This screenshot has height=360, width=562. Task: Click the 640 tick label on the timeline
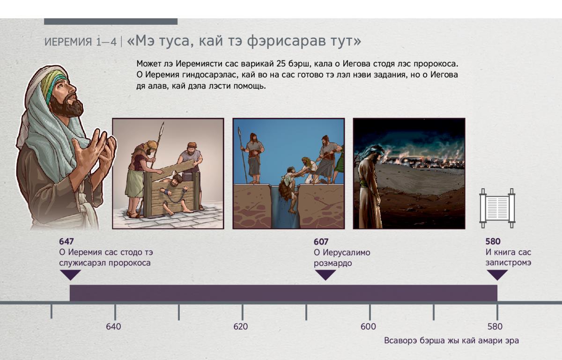(x=113, y=327)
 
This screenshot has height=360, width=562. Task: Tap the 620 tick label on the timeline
(x=241, y=327)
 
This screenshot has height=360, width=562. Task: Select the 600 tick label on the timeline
(x=368, y=327)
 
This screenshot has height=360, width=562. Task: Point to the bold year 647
(x=66, y=242)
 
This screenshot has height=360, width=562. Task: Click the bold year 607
(x=321, y=242)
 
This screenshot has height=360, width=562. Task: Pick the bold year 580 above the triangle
(x=493, y=242)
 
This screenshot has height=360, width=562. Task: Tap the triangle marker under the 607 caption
(x=325, y=275)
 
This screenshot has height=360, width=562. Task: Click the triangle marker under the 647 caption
(x=71, y=275)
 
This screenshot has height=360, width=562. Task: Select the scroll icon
(x=497, y=208)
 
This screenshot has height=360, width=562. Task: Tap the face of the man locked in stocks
(x=173, y=181)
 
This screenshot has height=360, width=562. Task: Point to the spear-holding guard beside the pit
(x=253, y=159)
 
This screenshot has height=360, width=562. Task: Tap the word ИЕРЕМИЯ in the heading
(x=68, y=42)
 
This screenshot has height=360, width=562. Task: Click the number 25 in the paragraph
(x=281, y=64)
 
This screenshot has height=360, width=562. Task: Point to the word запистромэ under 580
(x=508, y=263)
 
